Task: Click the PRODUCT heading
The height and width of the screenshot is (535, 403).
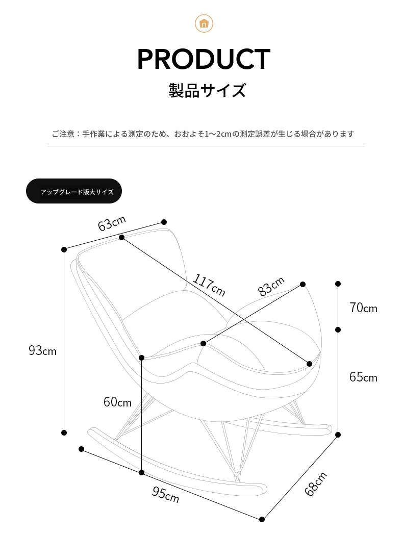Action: [x=204, y=59]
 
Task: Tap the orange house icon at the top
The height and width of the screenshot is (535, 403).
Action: [x=204, y=23]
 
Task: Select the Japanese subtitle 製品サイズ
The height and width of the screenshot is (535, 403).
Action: [x=207, y=90]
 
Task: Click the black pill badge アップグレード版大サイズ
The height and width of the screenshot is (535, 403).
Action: [x=74, y=191]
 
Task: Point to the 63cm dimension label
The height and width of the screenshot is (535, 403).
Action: [x=112, y=223]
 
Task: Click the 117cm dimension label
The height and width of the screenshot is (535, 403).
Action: [x=209, y=285]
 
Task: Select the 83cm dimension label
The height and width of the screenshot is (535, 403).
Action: [x=271, y=286]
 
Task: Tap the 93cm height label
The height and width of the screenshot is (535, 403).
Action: [x=42, y=350]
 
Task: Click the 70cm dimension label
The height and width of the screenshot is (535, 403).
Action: [x=363, y=308]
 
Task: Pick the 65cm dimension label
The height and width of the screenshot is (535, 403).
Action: [x=363, y=377]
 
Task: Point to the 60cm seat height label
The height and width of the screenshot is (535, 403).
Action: [x=117, y=402]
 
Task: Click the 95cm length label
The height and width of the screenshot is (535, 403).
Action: [x=165, y=494]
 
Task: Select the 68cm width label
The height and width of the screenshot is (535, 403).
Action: [x=316, y=484]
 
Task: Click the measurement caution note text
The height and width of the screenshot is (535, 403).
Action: [x=203, y=134]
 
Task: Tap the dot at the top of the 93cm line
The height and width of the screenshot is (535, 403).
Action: [x=64, y=249]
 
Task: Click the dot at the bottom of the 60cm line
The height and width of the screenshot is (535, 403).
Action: [x=142, y=473]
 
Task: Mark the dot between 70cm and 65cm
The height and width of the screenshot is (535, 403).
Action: [x=338, y=329]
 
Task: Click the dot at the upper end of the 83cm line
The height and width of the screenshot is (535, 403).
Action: [x=303, y=284]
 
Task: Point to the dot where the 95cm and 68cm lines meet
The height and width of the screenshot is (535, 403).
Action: [x=262, y=519]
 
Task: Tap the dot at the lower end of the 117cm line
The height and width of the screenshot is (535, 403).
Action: [x=310, y=364]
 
